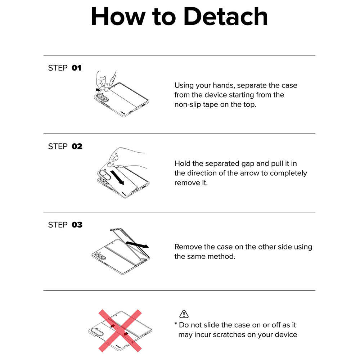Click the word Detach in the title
[x=226, y=17]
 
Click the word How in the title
[x=118, y=17]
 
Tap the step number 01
[x=76, y=68]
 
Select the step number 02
[x=77, y=146]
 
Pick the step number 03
[x=77, y=225]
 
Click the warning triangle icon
[x=184, y=314]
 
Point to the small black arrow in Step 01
[x=98, y=89]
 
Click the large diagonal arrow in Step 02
[x=117, y=177]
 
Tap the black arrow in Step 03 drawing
[x=137, y=244]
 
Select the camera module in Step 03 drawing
[x=100, y=256]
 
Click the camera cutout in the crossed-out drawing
[x=95, y=331]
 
